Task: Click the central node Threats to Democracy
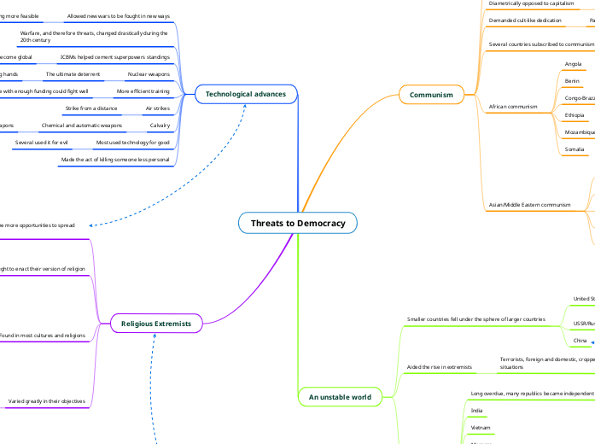[x=298, y=223]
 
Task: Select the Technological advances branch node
[x=245, y=93]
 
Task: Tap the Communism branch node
[x=431, y=94]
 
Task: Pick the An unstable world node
[x=340, y=397]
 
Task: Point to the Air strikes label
[x=157, y=108]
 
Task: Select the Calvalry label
[x=160, y=126]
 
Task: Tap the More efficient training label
[x=143, y=91]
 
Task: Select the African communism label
[x=513, y=107]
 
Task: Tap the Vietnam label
[x=481, y=427]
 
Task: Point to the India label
[x=476, y=411]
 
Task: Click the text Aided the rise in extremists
[x=440, y=366]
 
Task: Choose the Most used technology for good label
[x=132, y=142]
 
